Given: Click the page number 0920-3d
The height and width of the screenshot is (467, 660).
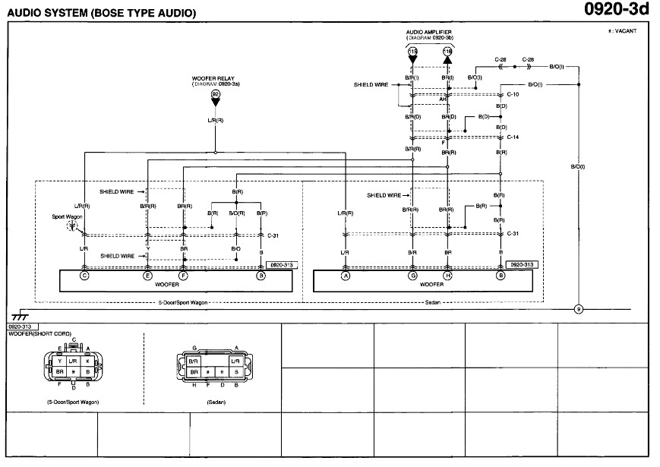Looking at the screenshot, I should coord(617,10).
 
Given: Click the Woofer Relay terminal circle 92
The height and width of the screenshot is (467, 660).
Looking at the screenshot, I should coord(215,93).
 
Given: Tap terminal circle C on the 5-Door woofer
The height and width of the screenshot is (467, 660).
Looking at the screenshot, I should coord(84,276).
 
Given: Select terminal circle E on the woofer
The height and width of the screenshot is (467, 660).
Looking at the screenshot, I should coord(147,276).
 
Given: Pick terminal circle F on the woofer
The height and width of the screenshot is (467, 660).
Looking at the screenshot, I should coord(183,276).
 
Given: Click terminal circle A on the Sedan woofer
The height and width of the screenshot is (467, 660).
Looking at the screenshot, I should coord(346,276).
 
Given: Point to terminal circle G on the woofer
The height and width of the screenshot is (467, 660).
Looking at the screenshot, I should coord(412,276).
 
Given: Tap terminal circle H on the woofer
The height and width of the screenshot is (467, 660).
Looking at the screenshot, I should coord(447,276).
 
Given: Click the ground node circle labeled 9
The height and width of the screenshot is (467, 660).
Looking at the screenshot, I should coord(578,309).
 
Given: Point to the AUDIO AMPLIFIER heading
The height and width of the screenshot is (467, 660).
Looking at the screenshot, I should coord(429,33).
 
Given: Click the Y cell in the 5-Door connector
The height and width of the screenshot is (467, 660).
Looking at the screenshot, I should coord(58,361).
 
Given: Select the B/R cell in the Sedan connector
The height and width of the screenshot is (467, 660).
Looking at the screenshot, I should coord(193,361).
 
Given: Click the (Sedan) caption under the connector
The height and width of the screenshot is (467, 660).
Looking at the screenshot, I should coord(214,400).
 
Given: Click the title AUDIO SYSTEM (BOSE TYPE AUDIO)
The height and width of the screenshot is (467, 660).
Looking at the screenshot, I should coord(100,13).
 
